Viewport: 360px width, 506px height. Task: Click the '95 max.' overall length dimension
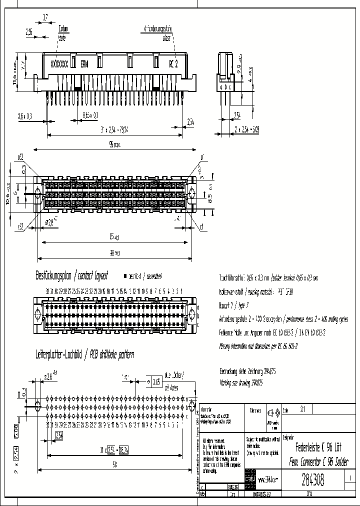[114, 144]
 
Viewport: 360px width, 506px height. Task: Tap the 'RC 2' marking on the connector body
[173, 64]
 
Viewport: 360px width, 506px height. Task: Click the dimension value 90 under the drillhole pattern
[114, 465]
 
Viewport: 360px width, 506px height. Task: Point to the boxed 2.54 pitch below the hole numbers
[59, 434]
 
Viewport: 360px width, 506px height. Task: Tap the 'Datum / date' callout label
[62, 32]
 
